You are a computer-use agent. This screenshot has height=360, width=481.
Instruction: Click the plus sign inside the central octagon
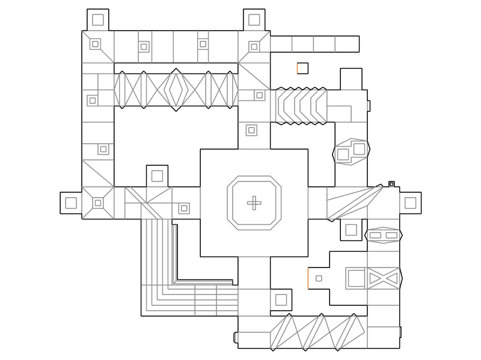(x=254, y=203)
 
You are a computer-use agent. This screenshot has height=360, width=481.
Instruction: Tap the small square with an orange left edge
(x=302, y=68)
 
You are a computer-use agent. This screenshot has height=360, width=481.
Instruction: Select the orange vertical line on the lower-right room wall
(x=308, y=278)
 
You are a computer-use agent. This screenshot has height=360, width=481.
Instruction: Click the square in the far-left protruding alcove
(x=71, y=203)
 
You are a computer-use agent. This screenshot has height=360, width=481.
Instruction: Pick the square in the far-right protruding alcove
(x=410, y=203)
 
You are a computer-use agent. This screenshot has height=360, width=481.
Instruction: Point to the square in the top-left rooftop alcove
(x=97, y=20)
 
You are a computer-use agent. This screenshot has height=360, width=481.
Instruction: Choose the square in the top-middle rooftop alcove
(x=254, y=20)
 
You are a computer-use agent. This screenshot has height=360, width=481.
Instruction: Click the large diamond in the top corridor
(x=176, y=90)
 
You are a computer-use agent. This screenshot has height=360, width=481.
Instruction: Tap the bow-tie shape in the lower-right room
(x=384, y=278)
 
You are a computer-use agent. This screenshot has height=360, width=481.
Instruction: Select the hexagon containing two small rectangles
(x=383, y=235)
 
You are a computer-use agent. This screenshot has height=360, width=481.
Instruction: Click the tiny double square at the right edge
(x=391, y=183)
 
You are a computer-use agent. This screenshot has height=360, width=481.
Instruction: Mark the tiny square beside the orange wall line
(x=319, y=278)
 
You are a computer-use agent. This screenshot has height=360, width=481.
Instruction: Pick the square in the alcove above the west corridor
(x=157, y=175)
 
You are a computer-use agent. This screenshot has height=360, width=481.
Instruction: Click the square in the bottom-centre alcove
(x=281, y=299)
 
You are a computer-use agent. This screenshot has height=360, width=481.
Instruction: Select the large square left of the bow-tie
(x=356, y=278)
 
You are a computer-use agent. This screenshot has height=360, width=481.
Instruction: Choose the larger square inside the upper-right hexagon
(x=359, y=148)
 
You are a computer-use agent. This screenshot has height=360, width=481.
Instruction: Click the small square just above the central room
(x=251, y=130)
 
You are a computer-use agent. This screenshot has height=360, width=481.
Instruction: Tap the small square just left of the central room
(x=184, y=209)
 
